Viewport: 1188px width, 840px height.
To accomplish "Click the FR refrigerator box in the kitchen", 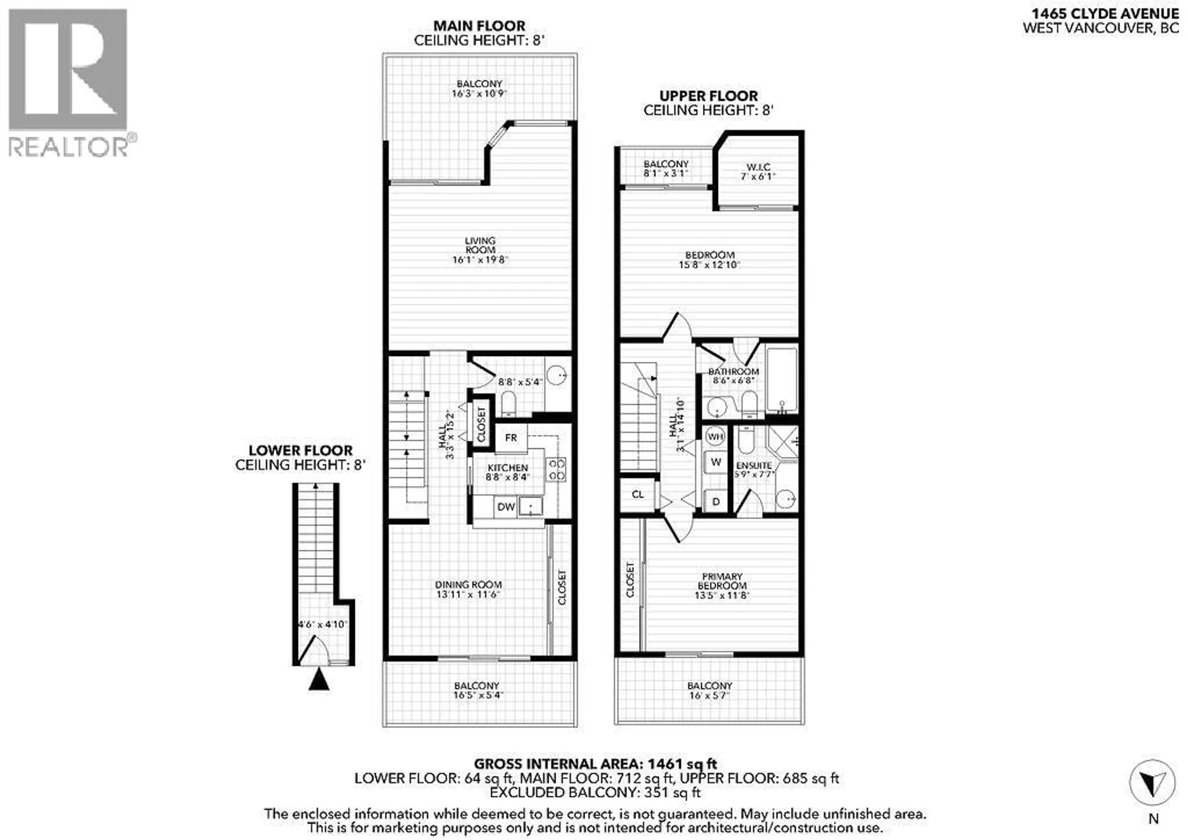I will (x=511, y=438).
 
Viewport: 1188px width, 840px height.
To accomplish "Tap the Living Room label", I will (x=480, y=245).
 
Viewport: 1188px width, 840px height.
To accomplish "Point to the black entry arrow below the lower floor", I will (x=319, y=679).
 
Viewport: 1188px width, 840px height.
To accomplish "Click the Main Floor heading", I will (x=479, y=25).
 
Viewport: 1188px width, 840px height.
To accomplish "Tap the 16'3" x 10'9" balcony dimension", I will (x=479, y=94).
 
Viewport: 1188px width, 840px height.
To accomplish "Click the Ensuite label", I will (x=754, y=465).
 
